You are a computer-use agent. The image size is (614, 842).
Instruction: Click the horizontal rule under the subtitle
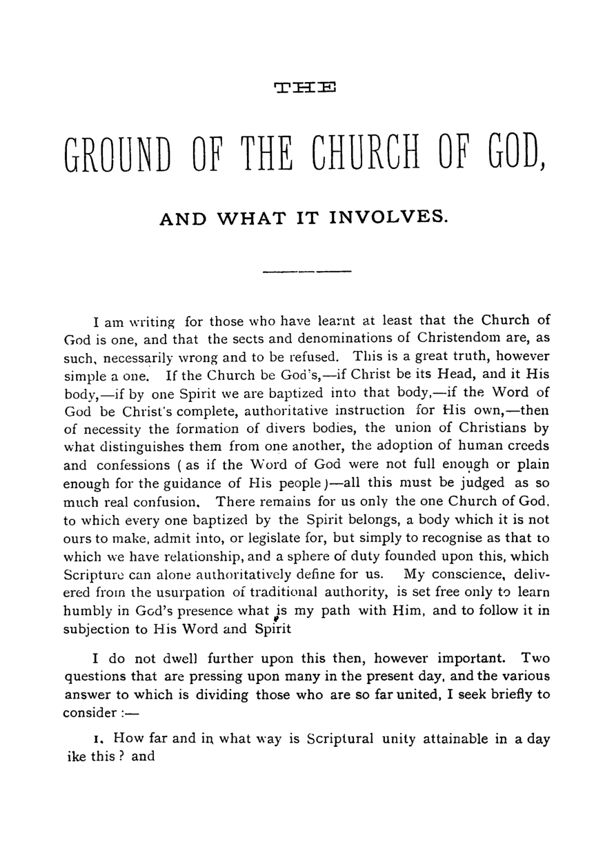tap(307, 272)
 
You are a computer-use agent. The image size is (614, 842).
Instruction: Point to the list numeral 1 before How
tap(97, 739)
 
